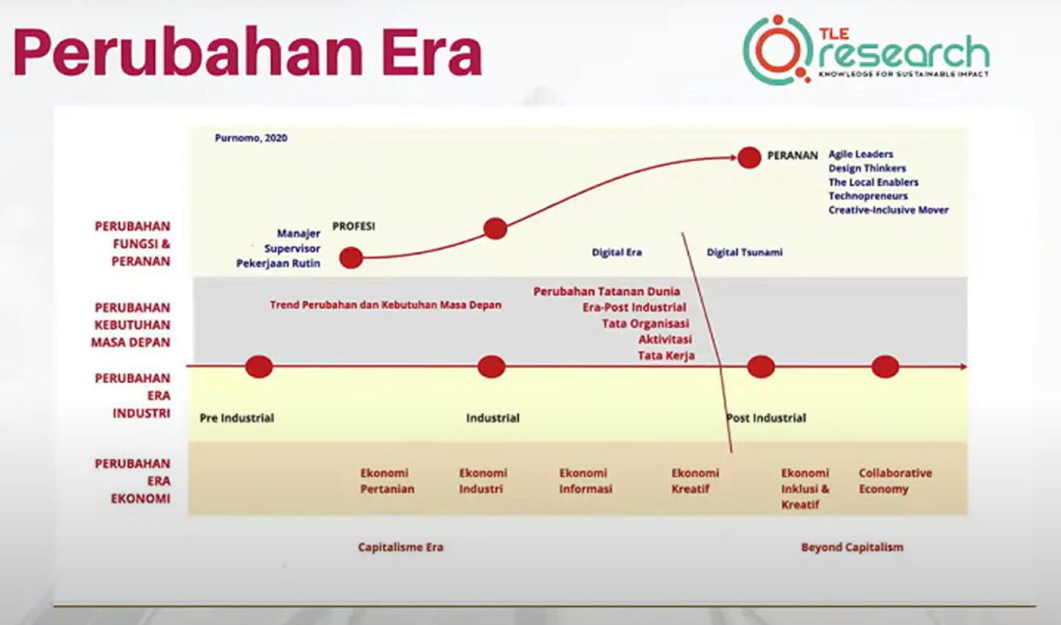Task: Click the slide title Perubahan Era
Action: coord(248,52)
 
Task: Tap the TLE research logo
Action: coord(865,50)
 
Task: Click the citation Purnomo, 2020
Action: coord(251,138)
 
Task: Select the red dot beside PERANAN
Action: coord(749,157)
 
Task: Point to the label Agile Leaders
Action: coord(861,154)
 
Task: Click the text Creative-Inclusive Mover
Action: coord(889,210)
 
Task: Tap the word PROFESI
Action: coord(354,226)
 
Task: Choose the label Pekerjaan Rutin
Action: coord(278,264)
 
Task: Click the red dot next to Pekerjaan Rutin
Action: coord(351,258)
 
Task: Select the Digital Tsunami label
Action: coord(745,253)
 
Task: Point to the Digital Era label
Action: coord(617,253)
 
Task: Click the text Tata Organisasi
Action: coord(645,324)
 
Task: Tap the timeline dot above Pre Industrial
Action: coord(259,367)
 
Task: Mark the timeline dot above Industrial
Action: coord(491,367)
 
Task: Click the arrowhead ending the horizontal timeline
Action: coord(963,367)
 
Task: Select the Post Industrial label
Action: coord(766,419)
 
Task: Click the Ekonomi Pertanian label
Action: coord(388,481)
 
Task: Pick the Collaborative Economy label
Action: coord(895,481)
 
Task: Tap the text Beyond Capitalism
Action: coord(852,547)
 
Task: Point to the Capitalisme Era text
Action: coord(401,547)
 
